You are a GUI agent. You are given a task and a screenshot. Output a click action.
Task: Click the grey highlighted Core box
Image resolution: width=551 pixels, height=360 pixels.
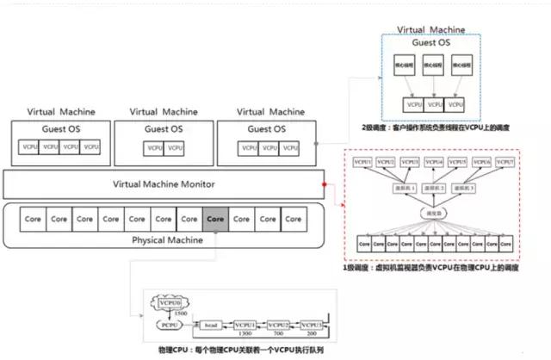click(214, 219)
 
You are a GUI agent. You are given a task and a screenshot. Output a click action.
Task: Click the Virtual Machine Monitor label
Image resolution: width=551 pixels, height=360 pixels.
click(164, 184)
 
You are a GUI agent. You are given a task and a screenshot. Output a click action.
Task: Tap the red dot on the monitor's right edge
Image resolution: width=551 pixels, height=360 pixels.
click(324, 184)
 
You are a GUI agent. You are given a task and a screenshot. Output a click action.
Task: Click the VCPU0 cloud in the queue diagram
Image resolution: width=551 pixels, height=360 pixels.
click(170, 302)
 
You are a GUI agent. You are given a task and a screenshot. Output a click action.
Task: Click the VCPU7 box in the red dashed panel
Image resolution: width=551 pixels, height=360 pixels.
click(503, 161)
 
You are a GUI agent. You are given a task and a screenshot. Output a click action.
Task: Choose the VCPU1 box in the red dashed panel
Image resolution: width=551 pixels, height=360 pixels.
click(362, 161)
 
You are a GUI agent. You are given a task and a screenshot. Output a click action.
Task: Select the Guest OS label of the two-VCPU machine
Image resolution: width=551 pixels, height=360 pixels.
click(163, 129)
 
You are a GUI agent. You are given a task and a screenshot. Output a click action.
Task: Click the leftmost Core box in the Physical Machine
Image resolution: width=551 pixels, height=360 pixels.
click(34, 219)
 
